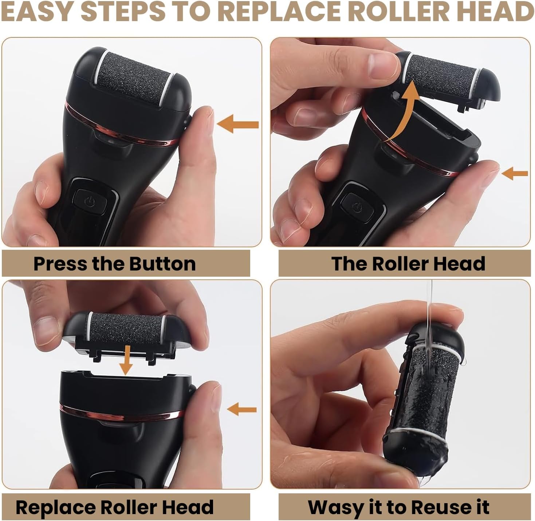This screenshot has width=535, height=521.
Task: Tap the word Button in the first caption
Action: coord(162,264)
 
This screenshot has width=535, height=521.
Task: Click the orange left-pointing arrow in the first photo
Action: coord(237,124)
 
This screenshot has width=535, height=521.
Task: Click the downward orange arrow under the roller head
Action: coord(126,360)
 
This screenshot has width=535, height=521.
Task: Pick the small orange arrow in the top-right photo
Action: coord(514,173)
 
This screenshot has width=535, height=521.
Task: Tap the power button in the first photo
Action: coord(90,201)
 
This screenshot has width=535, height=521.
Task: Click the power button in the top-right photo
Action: coord(357,208)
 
